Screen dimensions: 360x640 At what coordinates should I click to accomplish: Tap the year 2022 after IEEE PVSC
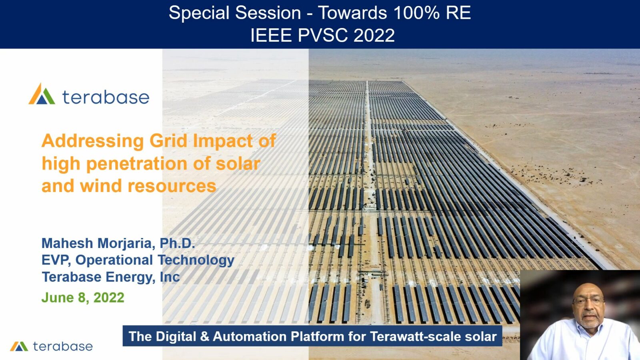coord(374,35)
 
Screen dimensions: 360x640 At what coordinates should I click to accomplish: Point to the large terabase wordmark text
coord(106,97)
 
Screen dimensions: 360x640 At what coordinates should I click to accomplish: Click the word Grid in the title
coord(168,141)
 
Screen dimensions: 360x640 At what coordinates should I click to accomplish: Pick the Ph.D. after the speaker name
coord(177,243)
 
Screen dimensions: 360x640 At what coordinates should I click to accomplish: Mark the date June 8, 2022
coord(83,298)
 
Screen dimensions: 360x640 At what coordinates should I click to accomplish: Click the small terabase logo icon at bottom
coord(19,346)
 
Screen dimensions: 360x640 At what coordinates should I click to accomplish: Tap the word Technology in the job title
coord(196,260)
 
